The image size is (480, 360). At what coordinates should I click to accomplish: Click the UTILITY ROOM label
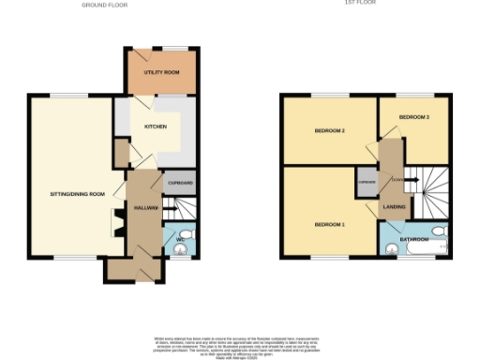pos(161,72)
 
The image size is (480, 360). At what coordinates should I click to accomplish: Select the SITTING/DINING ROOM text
pos(77,194)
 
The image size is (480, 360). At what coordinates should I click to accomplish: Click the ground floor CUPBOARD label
pos(180,183)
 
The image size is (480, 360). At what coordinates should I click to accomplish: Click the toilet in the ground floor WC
pos(187,233)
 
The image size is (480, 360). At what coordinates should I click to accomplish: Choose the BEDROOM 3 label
pos(413,116)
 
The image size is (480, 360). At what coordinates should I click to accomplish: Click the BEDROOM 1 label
pos(330,225)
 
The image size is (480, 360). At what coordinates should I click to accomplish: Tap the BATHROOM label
pos(414,239)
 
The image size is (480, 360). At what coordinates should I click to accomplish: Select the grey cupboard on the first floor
pos(366,183)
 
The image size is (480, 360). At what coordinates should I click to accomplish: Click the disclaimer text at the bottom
pos(239,344)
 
